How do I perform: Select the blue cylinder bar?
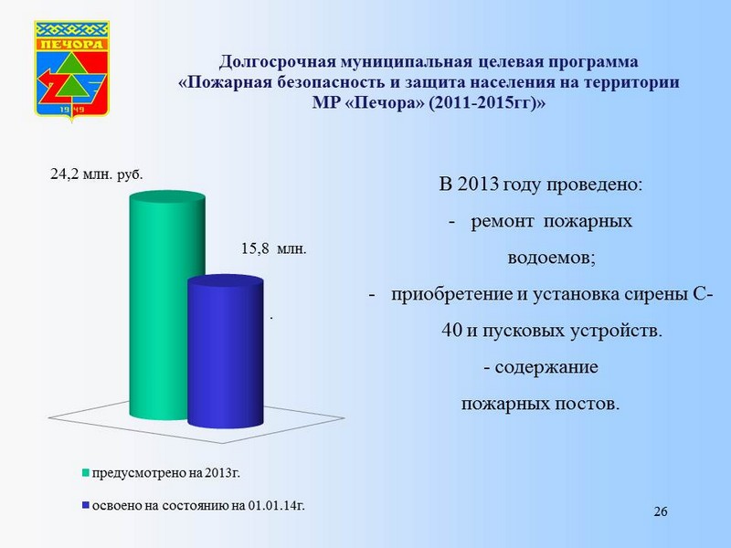click(x=226, y=351)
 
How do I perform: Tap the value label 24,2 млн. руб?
click(x=97, y=174)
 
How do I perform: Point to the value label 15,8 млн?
click(x=273, y=248)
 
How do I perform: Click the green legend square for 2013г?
click(x=85, y=472)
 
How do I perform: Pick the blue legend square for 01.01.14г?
click(x=85, y=505)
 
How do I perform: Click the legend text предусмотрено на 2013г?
click(x=166, y=473)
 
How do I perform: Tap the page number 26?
click(x=661, y=511)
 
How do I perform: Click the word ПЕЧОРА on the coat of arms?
click(x=72, y=44)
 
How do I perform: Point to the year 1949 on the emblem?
click(x=72, y=110)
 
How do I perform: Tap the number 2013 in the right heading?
click(x=478, y=184)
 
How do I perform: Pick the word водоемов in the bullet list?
click(x=552, y=258)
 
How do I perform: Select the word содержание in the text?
click(x=546, y=367)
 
